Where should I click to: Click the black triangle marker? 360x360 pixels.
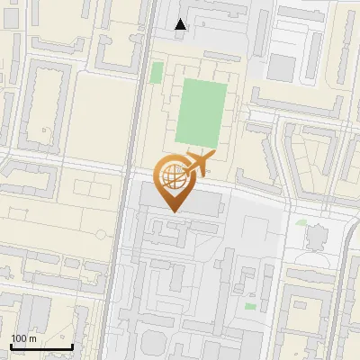click(181, 25)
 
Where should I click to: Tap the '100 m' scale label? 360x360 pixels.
click(23, 338)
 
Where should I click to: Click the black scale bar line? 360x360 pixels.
click(41, 346)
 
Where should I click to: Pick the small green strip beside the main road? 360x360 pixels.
click(157, 73)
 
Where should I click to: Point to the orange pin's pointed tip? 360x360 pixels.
click(175, 211)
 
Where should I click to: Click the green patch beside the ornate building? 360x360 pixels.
click(301, 221)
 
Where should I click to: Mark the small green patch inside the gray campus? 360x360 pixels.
click(250, 306)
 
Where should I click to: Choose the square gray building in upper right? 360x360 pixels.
click(283, 66)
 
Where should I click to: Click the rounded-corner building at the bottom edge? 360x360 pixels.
click(154, 346)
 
